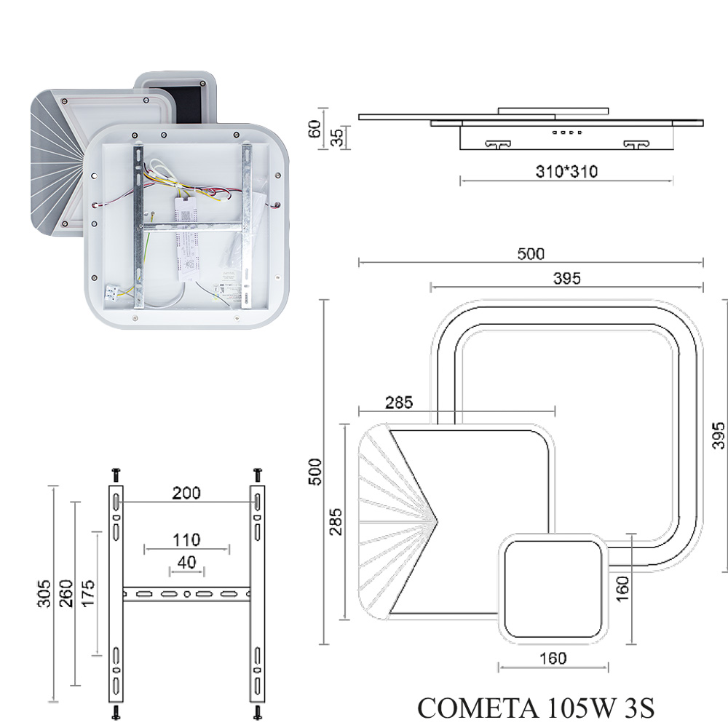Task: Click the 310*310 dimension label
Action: coord(566,172)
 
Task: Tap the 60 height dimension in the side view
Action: coord(314,129)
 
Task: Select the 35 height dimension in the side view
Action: coord(337,137)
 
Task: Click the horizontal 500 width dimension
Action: coord(531,254)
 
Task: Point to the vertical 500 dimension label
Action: coord(315,472)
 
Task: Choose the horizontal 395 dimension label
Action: coord(567,279)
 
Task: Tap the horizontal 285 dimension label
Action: coord(399,403)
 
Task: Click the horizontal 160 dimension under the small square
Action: coord(553,658)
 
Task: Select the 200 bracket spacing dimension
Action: coord(186,493)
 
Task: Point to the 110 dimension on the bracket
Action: coord(186,540)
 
